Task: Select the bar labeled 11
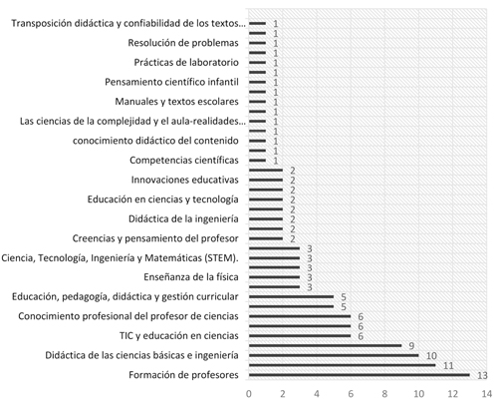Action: click(x=344, y=365)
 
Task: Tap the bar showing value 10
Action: click(x=334, y=355)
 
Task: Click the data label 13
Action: click(x=482, y=375)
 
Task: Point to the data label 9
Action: click(x=410, y=345)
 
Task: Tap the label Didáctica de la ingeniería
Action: click(x=184, y=218)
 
